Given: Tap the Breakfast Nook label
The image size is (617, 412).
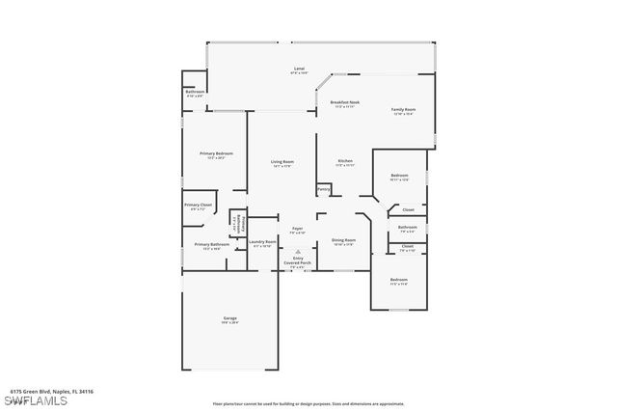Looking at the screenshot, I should pyautogui.click(x=344, y=103).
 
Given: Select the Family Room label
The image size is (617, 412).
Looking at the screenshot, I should pyautogui.click(x=402, y=111).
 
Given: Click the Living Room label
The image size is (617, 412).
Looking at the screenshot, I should pyautogui.click(x=282, y=162).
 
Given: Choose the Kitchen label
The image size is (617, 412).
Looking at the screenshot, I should pyautogui.click(x=344, y=161).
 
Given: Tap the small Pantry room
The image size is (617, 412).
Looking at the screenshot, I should pyautogui.click(x=324, y=189).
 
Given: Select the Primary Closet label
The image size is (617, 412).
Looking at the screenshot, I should pyautogui.click(x=198, y=206).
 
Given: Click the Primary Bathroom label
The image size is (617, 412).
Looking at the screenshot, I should pyautogui.click(x=211, y=245).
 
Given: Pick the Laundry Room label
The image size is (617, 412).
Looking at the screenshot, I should pyautogui.click(x=263, y=242).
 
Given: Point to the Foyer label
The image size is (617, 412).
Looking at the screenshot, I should pyautogui.click(x=298, y=230).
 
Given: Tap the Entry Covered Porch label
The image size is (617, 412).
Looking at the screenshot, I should pyautogui.click(x=297, y=261).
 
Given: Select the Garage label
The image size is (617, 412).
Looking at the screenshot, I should pyautogui.click(x=229, y=318).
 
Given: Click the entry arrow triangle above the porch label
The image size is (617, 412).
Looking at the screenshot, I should pyautogui.click(x=297, y=249).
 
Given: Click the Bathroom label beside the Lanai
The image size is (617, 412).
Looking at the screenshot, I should pyautogui.click(x=195, y=93).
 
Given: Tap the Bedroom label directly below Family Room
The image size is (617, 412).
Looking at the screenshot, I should pyautogui.click(x=399, y=177).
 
